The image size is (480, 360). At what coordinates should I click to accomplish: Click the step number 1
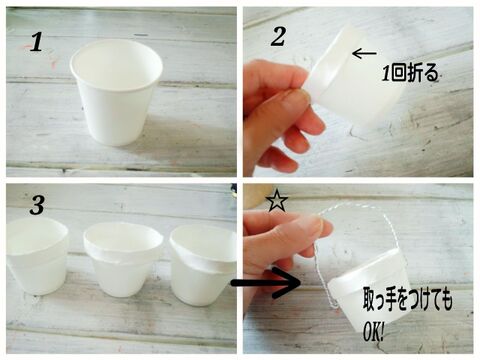coord(37,43)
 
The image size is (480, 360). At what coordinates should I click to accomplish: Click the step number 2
coord(278,37)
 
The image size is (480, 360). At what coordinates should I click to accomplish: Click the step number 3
coord(37,205)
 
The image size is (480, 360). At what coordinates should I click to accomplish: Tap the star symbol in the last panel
coord(276,202)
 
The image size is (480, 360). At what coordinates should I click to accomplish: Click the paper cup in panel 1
coord(116,93)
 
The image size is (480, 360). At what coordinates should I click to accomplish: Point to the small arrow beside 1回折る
coord(364,53)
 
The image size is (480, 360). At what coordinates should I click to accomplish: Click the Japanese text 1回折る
coord(410,73)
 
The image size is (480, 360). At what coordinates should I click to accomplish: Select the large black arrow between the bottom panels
coord(266,283)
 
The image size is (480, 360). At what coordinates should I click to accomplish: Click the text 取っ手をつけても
coord(408,301)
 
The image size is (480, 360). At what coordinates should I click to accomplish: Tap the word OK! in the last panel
coord(373,332)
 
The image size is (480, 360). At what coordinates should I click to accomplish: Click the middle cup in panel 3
coord(123,260)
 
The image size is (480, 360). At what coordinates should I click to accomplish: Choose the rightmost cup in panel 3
coord(203,265)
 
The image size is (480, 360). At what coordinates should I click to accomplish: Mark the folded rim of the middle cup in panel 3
coord(123,248)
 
